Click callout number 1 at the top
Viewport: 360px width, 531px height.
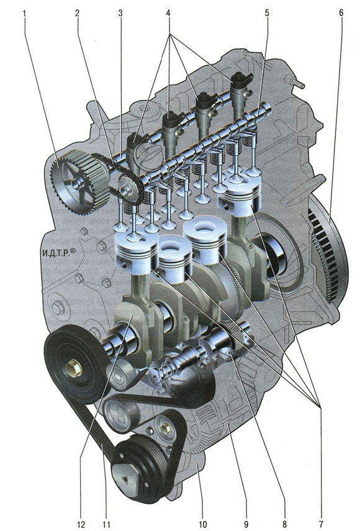point(24,13)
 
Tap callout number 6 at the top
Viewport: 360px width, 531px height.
point(341,13)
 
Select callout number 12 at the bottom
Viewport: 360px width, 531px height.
point(81,525)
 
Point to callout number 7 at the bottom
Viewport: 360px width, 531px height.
point(320,525)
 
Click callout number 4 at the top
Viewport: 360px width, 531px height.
point(168,13)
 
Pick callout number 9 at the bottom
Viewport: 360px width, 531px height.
point(246,525)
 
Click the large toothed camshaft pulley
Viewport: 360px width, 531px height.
point(80,183)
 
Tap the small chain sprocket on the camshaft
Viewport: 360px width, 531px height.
point(128,189)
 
